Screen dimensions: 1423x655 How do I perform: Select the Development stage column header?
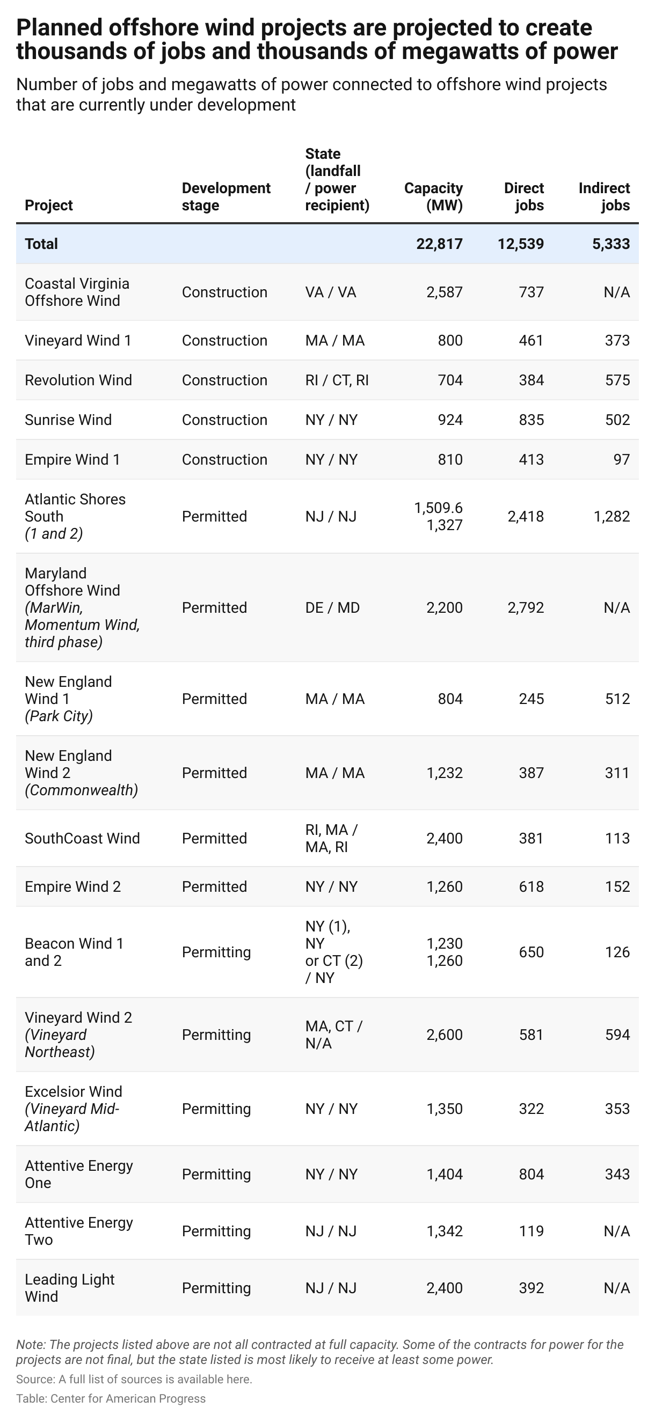pos(225,197)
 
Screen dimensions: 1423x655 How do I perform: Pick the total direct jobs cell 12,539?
pos(520,244)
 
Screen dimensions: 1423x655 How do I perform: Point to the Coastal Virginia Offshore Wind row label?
pos(77,292)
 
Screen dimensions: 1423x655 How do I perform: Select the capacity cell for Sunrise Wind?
pos(450,420)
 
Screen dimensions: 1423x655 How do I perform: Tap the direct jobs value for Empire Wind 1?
pos(530,460)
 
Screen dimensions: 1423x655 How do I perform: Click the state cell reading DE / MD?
pos(332,607)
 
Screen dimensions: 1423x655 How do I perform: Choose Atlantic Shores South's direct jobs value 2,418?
pos(526,517)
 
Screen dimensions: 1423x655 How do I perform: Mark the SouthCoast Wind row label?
pos(82,838)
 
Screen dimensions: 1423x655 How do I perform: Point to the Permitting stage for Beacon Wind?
pos(216,952)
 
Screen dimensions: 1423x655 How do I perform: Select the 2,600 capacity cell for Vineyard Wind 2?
pos(444,1035)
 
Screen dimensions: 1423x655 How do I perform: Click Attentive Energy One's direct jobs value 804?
pos(530,1174)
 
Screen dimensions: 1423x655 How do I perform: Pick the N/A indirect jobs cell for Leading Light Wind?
pos(616,1288)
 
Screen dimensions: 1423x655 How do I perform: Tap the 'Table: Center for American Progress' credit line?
pos(111,1398)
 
